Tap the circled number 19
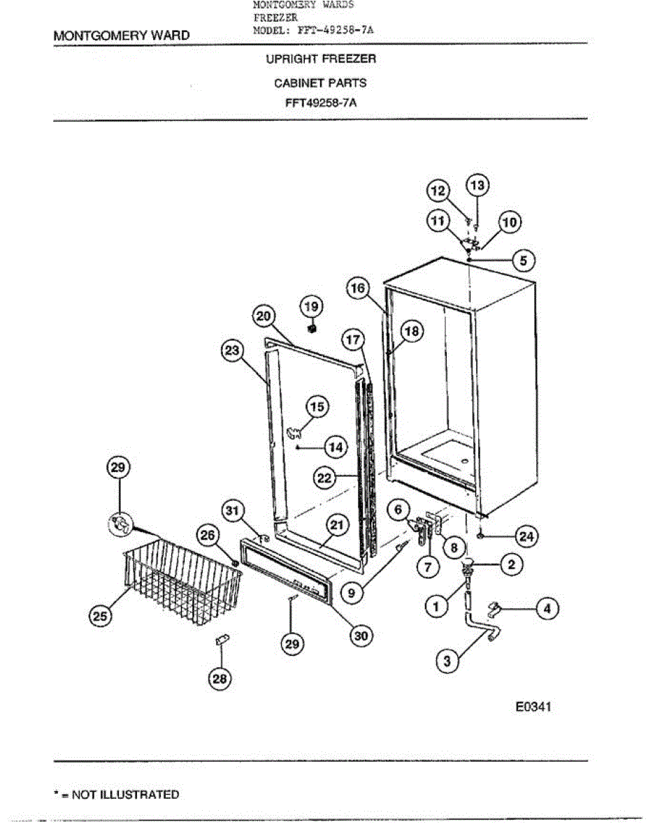(x=311, y=305)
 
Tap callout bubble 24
(x=524, y=536)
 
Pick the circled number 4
(x=547, y=609)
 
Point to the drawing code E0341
(x=533, y=707)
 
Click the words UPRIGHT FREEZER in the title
(x=320, y=59)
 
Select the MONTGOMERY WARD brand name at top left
(x=121, y=35)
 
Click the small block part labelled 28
(x=222, y=640)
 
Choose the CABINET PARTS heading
(x=320, y=82)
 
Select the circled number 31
(x=233, y=511)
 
